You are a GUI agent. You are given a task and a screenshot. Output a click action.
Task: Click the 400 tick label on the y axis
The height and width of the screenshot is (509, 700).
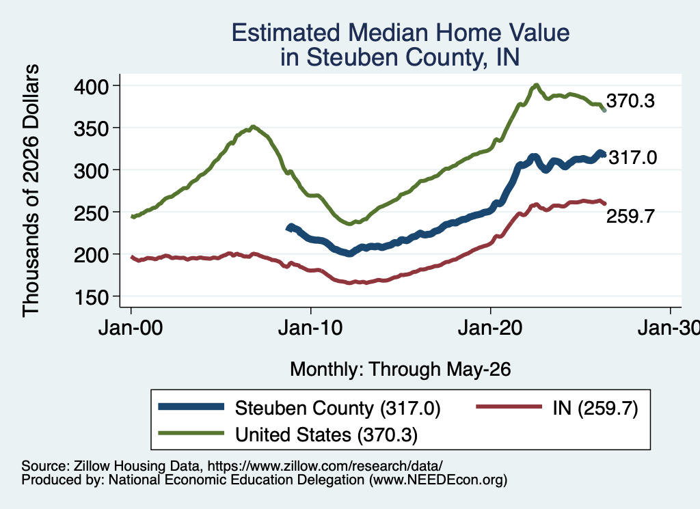(x=91, y=86)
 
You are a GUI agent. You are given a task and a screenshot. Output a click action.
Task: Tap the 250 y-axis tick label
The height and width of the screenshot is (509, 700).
(x=91, y=212)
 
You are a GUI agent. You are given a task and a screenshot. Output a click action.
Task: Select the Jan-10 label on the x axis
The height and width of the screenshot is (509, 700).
(x=310, y=329)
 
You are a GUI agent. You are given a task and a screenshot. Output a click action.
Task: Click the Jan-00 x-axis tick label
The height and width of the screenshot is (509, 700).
(x=131, y=329)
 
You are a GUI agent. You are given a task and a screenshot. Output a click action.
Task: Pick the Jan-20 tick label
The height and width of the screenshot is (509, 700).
(x=490, y=329)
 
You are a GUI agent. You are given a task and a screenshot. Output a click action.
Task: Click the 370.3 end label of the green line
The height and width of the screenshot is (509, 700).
(x=630, y=101)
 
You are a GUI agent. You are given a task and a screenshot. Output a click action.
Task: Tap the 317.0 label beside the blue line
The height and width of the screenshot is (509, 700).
(x=633, y=157)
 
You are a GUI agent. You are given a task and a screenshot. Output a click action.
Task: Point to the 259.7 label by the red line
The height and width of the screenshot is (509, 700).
(x=630, y=216)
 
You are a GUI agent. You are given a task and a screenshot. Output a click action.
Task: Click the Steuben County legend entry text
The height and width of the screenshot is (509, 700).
(x=338, y=408)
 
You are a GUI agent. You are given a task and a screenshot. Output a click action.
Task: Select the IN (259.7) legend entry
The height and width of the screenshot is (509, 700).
(x=595, y=408)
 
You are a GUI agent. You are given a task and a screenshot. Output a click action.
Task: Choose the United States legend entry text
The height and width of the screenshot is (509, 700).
(x=326, y=435)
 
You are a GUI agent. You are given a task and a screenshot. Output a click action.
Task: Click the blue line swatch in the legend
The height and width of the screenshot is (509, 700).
(x=191, y=407)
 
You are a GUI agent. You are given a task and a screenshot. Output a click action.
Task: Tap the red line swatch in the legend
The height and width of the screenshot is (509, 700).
(x=509, y=407)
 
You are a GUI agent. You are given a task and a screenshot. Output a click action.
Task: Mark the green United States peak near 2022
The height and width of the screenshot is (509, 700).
(x=536, y=85)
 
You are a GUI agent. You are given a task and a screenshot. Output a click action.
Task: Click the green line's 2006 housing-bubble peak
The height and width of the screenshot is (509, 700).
(x=253, y=126)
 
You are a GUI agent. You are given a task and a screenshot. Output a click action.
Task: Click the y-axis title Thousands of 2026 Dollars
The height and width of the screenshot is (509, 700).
(x=31, y=191)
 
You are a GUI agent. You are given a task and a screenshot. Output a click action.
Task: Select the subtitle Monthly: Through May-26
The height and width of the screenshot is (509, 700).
(x=401, y=370)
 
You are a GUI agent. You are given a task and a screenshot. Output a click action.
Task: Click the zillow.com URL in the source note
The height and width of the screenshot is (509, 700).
(x=325, y=466)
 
